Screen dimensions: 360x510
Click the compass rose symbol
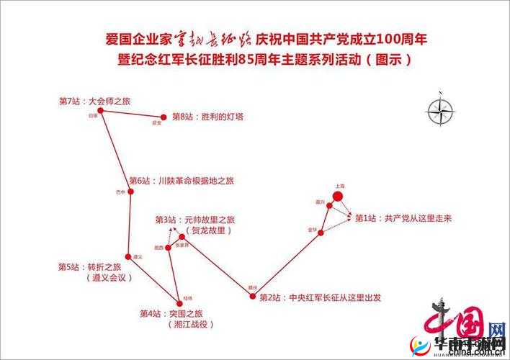(x=438, y=111)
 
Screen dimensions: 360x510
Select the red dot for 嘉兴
(x=329, y=206)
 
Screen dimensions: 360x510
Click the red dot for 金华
(x=321, y=231)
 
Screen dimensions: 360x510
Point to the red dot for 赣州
(x=252, y=294)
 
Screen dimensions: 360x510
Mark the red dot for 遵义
(x=130, y=256)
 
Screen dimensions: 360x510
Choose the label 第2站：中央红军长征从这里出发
(x=320, y=297)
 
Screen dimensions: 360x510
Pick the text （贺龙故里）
(x=209, y=230)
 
